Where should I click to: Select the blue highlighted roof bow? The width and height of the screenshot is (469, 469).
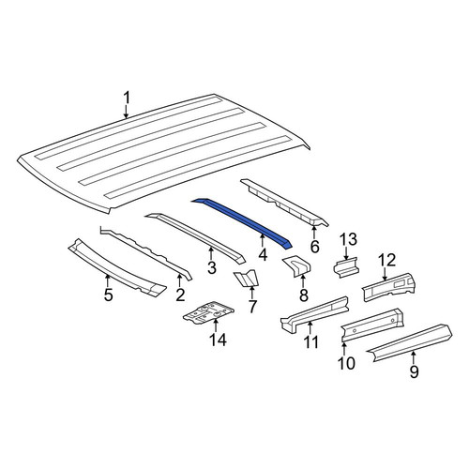point(242,222)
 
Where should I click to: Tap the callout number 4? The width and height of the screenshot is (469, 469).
point(263,255)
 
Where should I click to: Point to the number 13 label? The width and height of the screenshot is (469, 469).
point(349,240)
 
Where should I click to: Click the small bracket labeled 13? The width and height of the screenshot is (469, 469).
point(346,266)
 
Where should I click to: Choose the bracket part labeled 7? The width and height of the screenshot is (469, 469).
point(247,278)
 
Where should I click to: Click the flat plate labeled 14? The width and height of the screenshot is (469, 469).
point(209,312)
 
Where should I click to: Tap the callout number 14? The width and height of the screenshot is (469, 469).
point(218,340)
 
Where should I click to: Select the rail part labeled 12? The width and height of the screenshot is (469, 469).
point(388,287)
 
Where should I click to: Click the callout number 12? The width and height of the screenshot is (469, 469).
point(387,260)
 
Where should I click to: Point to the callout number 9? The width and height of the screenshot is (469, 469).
point(414,371)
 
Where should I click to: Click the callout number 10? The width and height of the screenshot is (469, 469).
point(346,363)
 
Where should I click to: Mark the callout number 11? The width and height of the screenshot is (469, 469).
point(311,341)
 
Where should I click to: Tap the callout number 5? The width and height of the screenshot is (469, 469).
point(108,295)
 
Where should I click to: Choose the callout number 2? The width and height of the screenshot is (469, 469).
point(180,295)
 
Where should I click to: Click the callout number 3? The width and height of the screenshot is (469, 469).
point(212,267)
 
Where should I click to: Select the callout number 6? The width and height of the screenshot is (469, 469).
point(314,247)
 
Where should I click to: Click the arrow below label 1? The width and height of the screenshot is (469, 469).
point(126,112)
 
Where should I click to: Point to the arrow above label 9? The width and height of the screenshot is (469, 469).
point(414,357)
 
